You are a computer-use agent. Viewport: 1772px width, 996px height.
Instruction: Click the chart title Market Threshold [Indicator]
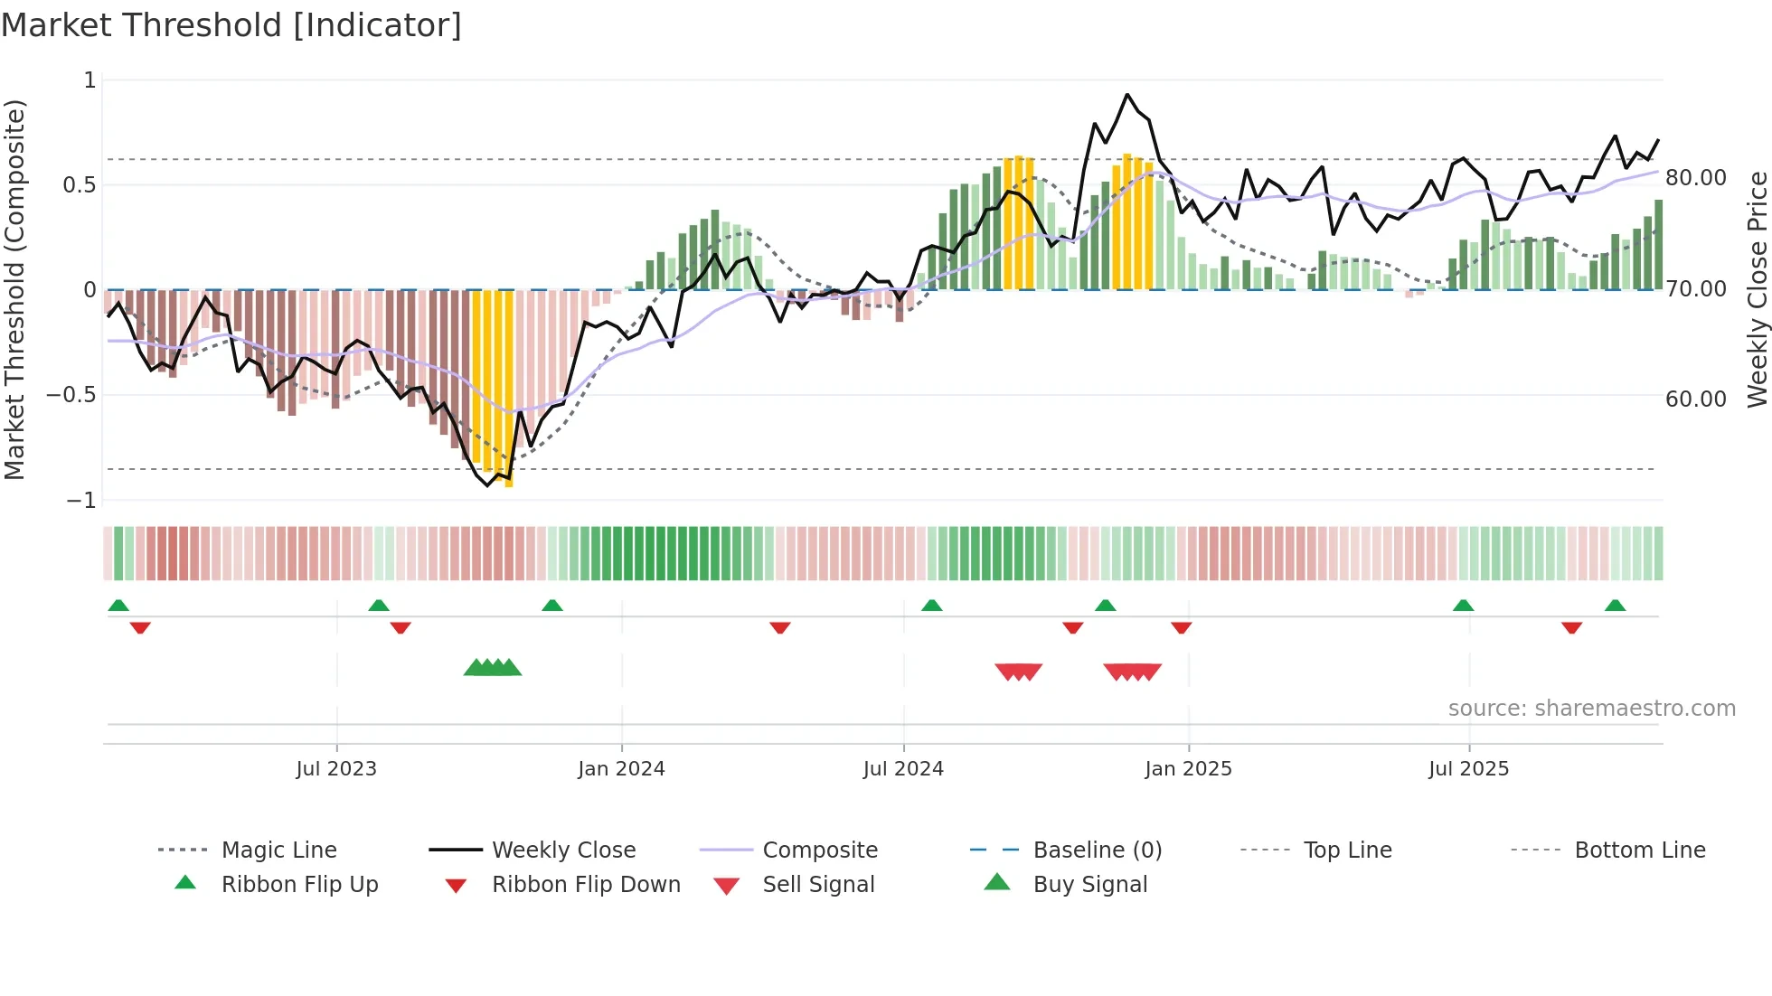231,25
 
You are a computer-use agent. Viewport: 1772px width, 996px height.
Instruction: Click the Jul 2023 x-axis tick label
336,769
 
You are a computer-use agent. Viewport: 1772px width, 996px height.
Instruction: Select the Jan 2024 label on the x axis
621,769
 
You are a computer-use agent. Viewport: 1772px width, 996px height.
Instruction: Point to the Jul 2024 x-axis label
903,769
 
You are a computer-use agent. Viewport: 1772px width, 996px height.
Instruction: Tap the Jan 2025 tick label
1188,769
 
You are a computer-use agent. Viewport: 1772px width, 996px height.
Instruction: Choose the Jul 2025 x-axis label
1469,769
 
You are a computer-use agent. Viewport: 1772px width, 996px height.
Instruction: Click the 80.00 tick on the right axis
1696,178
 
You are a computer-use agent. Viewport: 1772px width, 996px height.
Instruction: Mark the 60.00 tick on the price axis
1696,399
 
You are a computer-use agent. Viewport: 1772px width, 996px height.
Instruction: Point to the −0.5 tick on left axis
71,395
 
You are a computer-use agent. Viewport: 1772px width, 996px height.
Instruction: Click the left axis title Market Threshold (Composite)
14,289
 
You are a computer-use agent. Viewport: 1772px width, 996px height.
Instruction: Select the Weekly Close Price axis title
1757,289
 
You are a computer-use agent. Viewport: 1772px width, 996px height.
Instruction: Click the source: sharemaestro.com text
1591,709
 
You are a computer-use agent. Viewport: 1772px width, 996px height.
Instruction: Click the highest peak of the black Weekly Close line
1126,95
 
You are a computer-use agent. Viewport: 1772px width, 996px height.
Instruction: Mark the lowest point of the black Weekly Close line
488,485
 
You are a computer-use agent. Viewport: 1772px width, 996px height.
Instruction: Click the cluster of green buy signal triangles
493,668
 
